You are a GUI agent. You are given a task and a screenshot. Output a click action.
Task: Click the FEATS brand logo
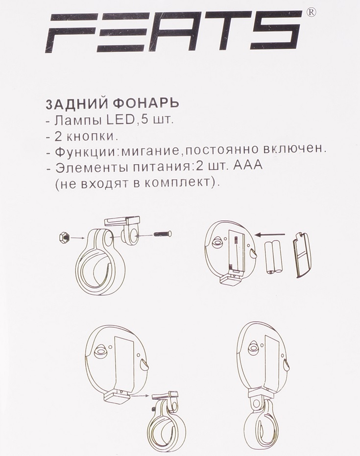pyautogui.click(x=173, y=31)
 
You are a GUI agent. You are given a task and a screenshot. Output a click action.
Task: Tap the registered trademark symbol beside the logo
pyautogui.click(x=311, y=13)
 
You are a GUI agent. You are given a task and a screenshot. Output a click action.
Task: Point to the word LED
pyautogui.click(x=119, y=120)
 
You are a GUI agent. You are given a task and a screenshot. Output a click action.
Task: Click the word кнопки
pyautogui.click(x=90, y=136)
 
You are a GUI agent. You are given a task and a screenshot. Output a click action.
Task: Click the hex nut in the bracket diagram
pyautogui.click(x=64, y=239)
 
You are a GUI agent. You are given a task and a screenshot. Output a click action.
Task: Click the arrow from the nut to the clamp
pyautogui.click(x=78, y=238)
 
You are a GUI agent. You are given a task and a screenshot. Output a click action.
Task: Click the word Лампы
pyautogui.click(x=78, y=120)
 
